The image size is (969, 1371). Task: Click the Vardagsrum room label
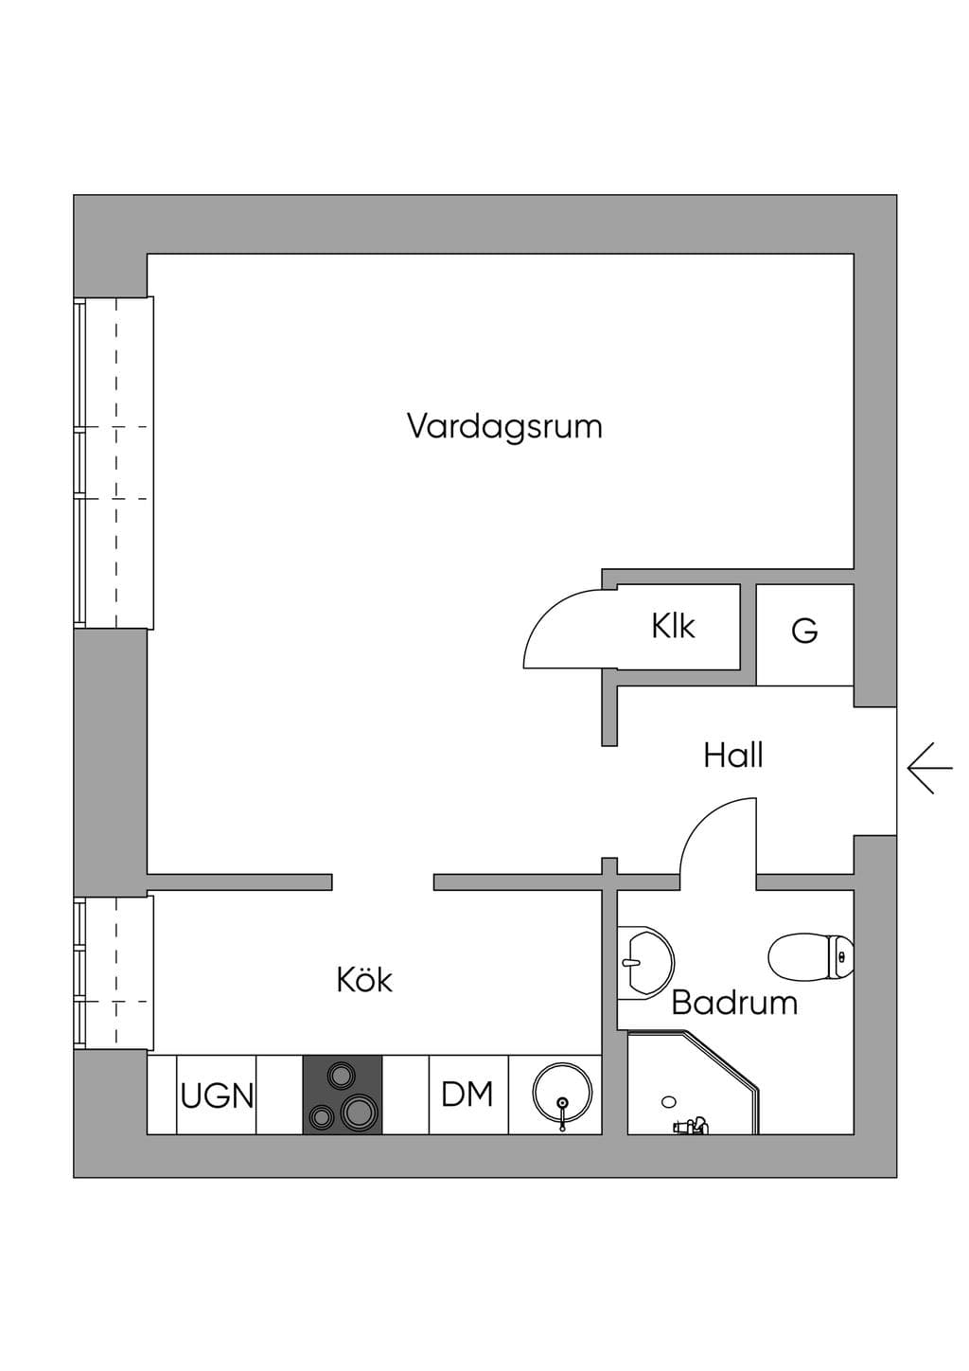[504, 427]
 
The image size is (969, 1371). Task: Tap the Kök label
[364, 979]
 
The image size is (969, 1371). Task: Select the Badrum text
[734, 1003]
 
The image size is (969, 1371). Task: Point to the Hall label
[732, 756]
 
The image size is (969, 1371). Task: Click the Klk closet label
[673, 626]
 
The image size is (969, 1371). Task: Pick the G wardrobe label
[804, 631]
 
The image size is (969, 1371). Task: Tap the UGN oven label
[217, 1095]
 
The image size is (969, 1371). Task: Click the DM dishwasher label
[467, 1095]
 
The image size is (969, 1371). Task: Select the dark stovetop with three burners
[343, 1095]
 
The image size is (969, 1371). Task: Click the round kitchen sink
[562, 1094]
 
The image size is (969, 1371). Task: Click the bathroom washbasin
[645, 963]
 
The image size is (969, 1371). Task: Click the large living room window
[114, 463]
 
